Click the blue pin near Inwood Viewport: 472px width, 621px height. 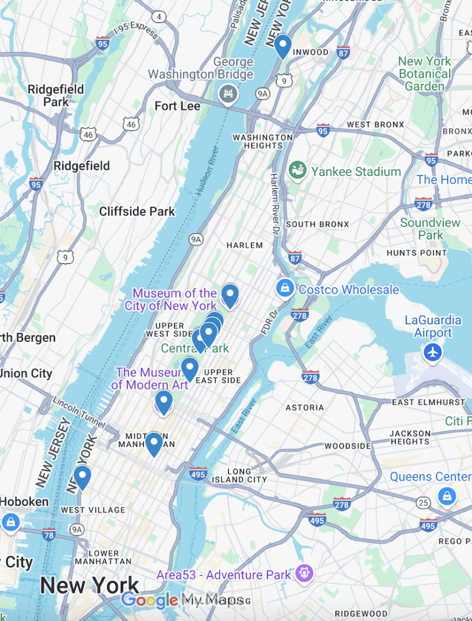click(x=282, y=45)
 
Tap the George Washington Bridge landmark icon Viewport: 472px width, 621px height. click(x=228, y=94)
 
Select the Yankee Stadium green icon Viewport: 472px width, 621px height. click(x=297, y=170)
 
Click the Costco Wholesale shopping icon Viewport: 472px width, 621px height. click(x=285, y=288)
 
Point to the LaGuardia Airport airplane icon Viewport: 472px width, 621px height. click(x=433, y=352)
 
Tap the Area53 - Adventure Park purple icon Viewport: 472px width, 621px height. click(x=304, y=572)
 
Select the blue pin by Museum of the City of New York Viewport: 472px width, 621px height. click(x=229, y=295)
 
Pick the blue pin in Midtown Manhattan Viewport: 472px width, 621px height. click(x=154, y=443)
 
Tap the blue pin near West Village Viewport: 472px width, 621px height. click(x=82, y=477)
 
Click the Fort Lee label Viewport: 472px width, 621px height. click(x=177, y=106)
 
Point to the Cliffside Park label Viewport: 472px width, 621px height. click(x=137, y=211)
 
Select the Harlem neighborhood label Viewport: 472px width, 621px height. click(x=244, y=246)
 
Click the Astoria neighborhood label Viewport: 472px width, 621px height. click(x=304, y=408)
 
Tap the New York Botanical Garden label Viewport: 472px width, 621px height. click(x=425, y=74)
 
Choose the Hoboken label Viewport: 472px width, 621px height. click(x=24, y=502)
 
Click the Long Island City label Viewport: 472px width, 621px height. click(x=239, y=475)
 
